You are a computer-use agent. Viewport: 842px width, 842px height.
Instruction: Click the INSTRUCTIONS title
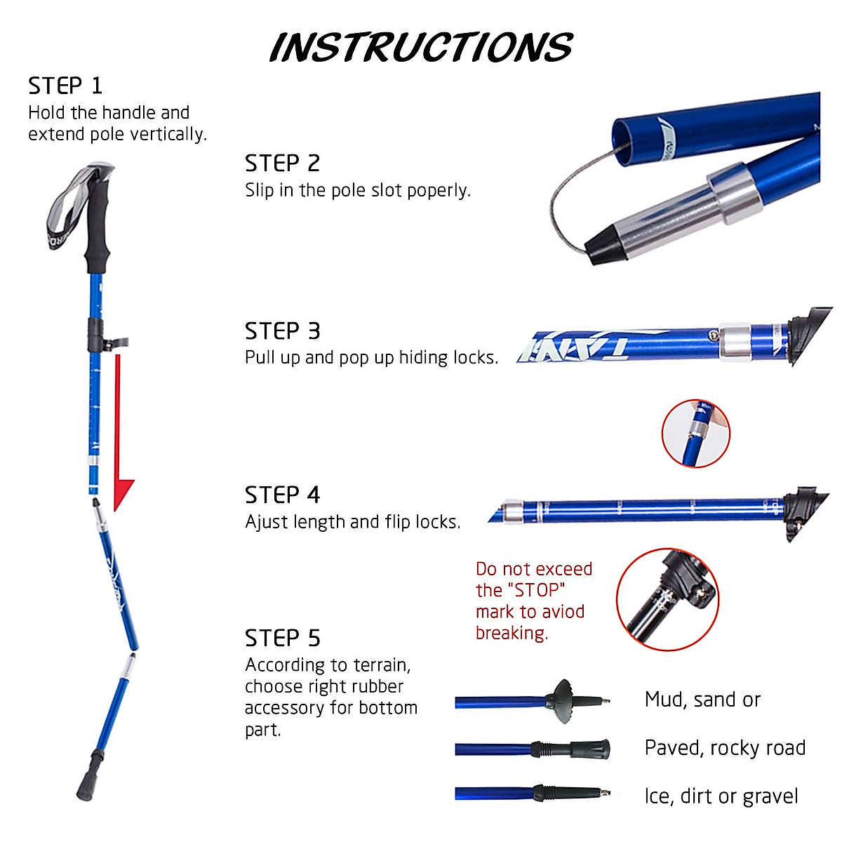coord(421,47)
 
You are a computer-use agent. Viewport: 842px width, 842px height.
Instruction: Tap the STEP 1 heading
coord(65,86)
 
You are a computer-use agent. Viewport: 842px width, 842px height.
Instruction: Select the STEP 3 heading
coord(282,330)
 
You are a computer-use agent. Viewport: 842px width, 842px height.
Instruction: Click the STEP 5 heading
coord(282,638)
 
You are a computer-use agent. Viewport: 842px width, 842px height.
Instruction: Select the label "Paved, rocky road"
coord(725,748)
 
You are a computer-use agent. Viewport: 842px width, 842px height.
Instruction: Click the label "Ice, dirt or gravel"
coord(721,796)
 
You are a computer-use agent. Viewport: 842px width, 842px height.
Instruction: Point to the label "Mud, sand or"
coord(702,700)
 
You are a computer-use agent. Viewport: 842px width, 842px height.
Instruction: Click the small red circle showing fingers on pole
coord(695,434)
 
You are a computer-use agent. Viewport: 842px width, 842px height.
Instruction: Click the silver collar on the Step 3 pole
coord(735,342)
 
